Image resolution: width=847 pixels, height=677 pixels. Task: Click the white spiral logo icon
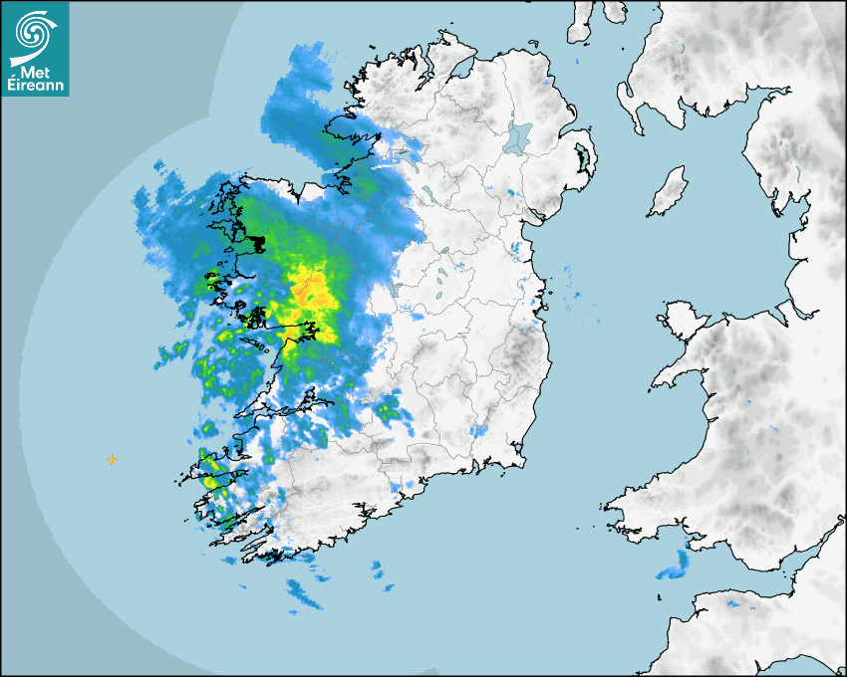pyautogui.click(x=35, y=31)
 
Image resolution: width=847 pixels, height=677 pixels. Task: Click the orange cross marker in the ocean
pyautogui.click(x=112, y=459)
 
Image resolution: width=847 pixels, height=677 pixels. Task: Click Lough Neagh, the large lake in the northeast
pyautogui.click(x=518, y=136)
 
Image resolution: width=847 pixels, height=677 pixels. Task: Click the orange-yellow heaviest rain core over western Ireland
pyautogui.click(x=313, y=292)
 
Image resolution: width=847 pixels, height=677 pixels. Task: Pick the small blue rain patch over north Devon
pyautogui.click(x=734, y=603)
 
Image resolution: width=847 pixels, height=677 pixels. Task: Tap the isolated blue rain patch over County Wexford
pyautogui.click(x=479, y=431)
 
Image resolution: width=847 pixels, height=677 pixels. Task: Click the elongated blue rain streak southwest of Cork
pyautogui.click(x=305, y=594)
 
